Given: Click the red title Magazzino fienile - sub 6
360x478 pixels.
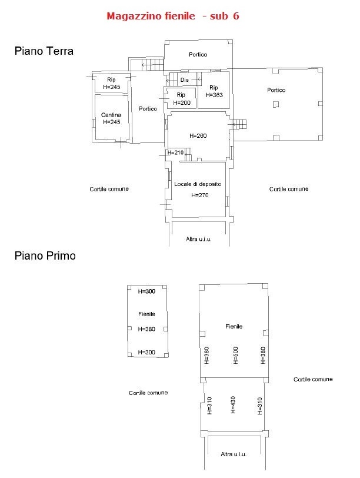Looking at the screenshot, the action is [x=173, y=16].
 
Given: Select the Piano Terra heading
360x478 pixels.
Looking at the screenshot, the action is [x=44, y=51].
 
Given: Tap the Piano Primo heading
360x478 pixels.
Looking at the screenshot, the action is [x=45, y=255].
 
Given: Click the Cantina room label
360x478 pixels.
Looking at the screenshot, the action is [x=111, y=115].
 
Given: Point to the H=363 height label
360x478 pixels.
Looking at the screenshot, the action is [x=214, y=95].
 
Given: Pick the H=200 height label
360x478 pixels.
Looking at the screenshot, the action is [x=182, y=103].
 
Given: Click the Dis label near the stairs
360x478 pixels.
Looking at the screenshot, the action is [x=184, y=80].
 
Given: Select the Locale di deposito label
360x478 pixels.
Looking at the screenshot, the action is [x=198, y=184].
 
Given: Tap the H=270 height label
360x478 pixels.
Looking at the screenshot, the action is [x=200, y=195].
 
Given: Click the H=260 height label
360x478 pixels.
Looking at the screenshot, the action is [x=198, y=135].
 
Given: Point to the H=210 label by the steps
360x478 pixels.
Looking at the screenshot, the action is [x=175, y=152].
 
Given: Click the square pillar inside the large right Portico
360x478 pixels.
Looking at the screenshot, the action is [x=276, y=105].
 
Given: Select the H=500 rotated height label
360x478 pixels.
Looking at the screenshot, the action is [x=235, y=355].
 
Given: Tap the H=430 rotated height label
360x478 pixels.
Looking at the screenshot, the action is [x=233, y=404].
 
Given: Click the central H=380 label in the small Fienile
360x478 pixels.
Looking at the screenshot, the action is [x=146, y=329].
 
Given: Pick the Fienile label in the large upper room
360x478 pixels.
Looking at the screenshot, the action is [x=234, y=326].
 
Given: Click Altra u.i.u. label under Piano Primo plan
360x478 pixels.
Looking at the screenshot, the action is [x=234, y=454].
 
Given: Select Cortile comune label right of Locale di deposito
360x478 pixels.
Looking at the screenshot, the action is [x=289, y=189].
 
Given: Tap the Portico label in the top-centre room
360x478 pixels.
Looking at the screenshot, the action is [x=198, y=54].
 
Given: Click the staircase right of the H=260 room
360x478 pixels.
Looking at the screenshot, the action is [x=239, y=124].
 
